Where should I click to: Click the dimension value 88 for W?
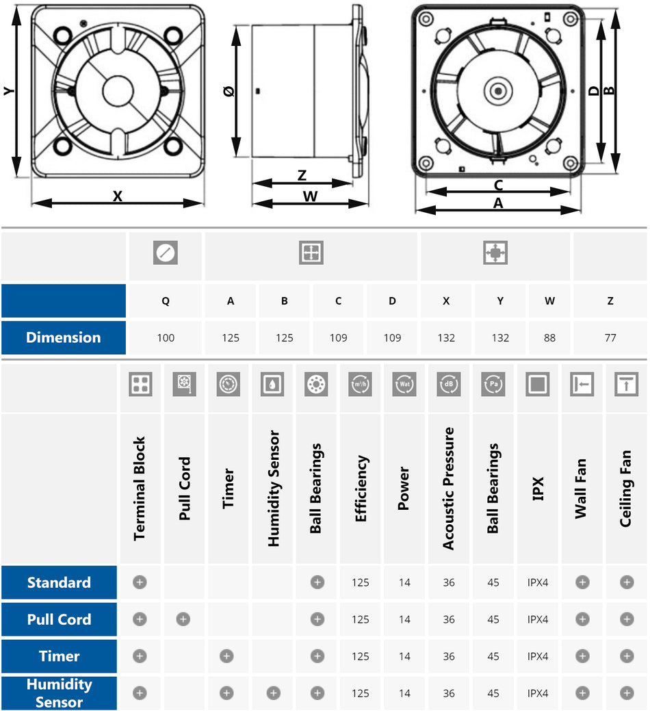click(x=549, y=337)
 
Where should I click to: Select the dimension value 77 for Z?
click(x=610, y=337)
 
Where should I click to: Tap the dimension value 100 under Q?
click(x=166, y=337)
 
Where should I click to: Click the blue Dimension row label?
click(x=63, y=337)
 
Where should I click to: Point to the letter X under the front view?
click(x=118, y=196)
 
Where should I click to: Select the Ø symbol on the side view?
click(x=230, y=91)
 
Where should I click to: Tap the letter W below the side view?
click(x=310, y=196)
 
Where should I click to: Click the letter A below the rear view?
click(x=498, y=203)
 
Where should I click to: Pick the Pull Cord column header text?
click(x=185, y=488)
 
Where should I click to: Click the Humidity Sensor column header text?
click(x=273, y=488)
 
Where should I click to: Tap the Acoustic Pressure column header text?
click(x=448, y=488)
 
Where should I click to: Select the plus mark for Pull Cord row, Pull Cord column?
click(x=183, y=619)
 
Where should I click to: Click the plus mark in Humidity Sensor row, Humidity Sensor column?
click(x=273, y=693)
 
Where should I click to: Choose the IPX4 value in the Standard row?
click(x=538, y=582)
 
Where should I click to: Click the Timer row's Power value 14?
click(x=404, y=656)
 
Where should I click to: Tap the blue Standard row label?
click(x=59, y=582)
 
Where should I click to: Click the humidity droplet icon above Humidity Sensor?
click(x=272, y=385)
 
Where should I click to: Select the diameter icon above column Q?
click(x=166, y=253)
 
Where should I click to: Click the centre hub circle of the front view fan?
click(x=118, y=91)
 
